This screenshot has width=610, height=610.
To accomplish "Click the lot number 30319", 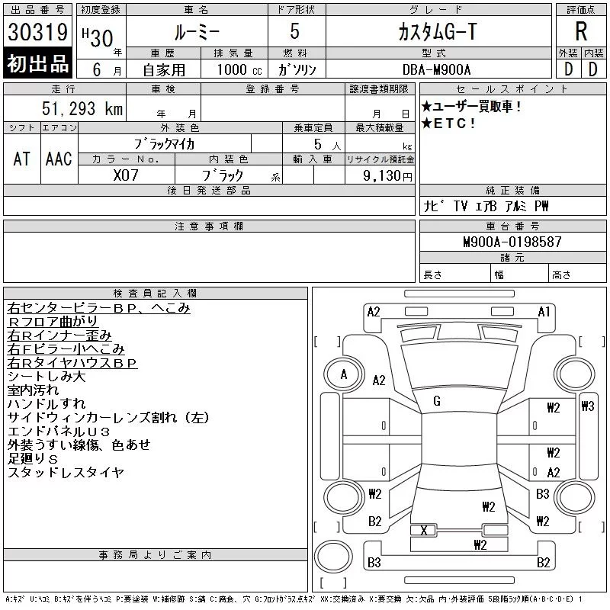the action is (x=37, y=34).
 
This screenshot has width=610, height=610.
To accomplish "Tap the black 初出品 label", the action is (x=37, y=64).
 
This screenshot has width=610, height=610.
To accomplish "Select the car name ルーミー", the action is (x=196, y=32).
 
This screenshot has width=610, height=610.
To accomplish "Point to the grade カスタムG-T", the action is (x=438, y=32).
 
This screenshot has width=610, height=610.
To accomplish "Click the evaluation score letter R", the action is (x=580, y=32).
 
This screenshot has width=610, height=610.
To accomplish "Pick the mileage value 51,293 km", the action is (x=81, y=109).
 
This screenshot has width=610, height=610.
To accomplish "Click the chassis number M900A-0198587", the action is (x=512, y=242).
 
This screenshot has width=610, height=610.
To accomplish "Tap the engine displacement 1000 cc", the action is (x=237, y=69).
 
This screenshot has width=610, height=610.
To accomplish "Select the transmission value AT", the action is (x=21, y=159).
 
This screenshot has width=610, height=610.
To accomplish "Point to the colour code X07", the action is (x=126, y=175).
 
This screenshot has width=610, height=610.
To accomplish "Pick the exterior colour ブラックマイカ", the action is (x=164, y=143).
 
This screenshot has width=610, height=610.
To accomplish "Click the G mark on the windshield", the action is (x=437, y=401).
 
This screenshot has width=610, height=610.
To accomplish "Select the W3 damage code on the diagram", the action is (x=587, y=406).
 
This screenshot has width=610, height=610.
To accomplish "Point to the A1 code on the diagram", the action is (x=544, y=312).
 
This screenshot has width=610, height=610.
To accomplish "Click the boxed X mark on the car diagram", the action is (x=423, y=530).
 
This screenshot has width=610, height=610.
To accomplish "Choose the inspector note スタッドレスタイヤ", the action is (x=65, y=473).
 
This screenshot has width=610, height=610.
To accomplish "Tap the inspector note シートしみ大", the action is (x=45, y=377).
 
